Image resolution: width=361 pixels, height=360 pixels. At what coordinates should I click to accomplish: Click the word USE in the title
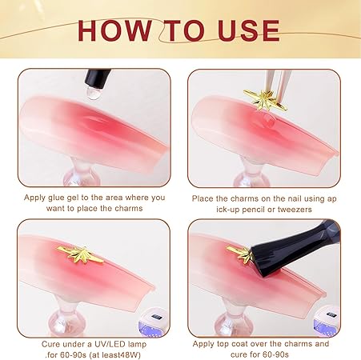coord(248,30)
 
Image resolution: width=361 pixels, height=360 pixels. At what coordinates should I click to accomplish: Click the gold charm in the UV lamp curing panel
coord(80,254)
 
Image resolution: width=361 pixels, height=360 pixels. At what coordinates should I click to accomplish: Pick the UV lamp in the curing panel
coord(153,322)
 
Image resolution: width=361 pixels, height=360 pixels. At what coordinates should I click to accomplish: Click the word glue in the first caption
coord(58,198)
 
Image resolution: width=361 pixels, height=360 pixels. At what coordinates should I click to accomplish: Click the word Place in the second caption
coord(203,198)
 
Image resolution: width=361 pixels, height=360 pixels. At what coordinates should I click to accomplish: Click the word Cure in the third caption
coord(51,344)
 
